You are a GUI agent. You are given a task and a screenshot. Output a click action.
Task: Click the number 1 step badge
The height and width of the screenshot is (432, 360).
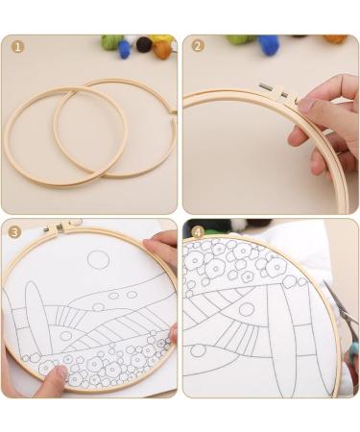click(x=17, y=46)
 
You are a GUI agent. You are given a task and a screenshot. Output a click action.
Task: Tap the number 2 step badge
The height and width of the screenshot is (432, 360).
click(x=198, y=46)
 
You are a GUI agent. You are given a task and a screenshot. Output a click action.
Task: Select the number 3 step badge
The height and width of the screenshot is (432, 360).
click(x=14, y=231)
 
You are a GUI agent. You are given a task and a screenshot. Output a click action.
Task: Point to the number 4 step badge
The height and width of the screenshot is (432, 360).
click(x=198, y=231)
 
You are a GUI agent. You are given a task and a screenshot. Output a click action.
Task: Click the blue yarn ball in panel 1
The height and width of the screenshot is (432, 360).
click(x=125, y=49)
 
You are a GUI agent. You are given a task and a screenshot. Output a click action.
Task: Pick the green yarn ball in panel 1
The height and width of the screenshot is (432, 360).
click(x=112, y=41)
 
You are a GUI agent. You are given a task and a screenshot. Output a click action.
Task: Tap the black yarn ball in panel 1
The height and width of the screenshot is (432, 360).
click(x=144, y=43)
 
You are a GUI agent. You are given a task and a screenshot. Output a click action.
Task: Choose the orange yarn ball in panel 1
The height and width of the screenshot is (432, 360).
click(x=161, y=47)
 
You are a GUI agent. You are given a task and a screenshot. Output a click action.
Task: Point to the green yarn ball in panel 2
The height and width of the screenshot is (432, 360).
click(x=237, y=39)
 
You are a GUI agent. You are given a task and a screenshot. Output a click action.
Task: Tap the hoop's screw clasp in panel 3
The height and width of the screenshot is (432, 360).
click(x=60, y=227)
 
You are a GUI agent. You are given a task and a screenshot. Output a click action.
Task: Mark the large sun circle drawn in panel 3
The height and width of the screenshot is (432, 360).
click(x=98, y=259)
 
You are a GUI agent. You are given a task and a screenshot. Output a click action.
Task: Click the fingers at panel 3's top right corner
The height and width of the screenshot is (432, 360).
click(x=163, y=248)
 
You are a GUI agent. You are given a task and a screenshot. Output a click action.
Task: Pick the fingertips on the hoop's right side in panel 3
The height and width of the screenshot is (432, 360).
click(x=173, y=333)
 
